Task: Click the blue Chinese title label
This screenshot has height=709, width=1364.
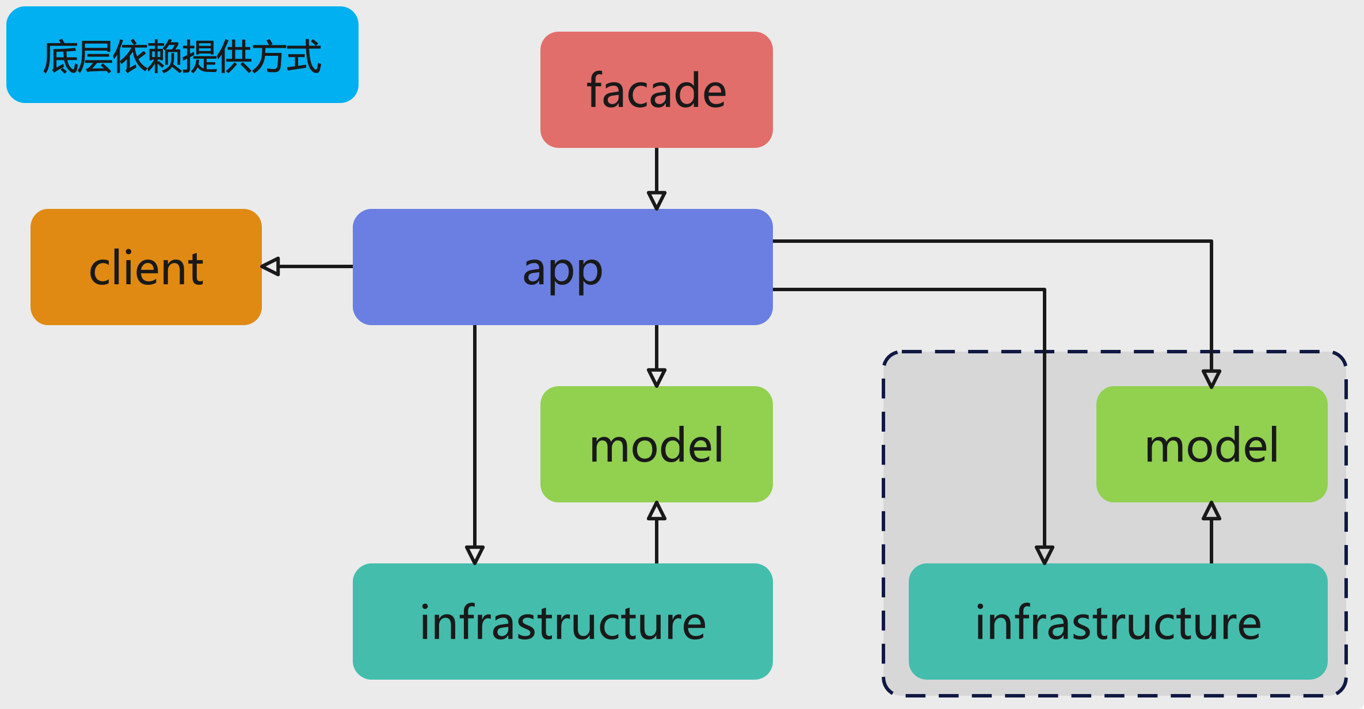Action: click(182, 55)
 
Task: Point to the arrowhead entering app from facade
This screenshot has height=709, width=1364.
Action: click(656, 201)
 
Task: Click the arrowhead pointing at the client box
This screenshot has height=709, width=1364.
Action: click(270, 266)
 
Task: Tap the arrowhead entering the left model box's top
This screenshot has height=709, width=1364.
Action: click(656, 378)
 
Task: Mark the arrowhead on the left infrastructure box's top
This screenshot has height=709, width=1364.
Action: click(474, 555)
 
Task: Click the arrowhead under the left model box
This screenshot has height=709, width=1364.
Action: click(656, 511)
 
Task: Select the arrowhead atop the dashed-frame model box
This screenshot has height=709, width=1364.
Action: click(1211, 379)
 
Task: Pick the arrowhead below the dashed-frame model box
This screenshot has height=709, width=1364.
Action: click(1211, 511)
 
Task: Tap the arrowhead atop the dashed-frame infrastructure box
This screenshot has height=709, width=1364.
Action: click(1044, 555)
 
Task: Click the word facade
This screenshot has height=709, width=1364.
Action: click(656, 91)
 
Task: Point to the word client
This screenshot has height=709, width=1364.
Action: click(146, 268)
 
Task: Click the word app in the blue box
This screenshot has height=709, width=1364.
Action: click(562, 270)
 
